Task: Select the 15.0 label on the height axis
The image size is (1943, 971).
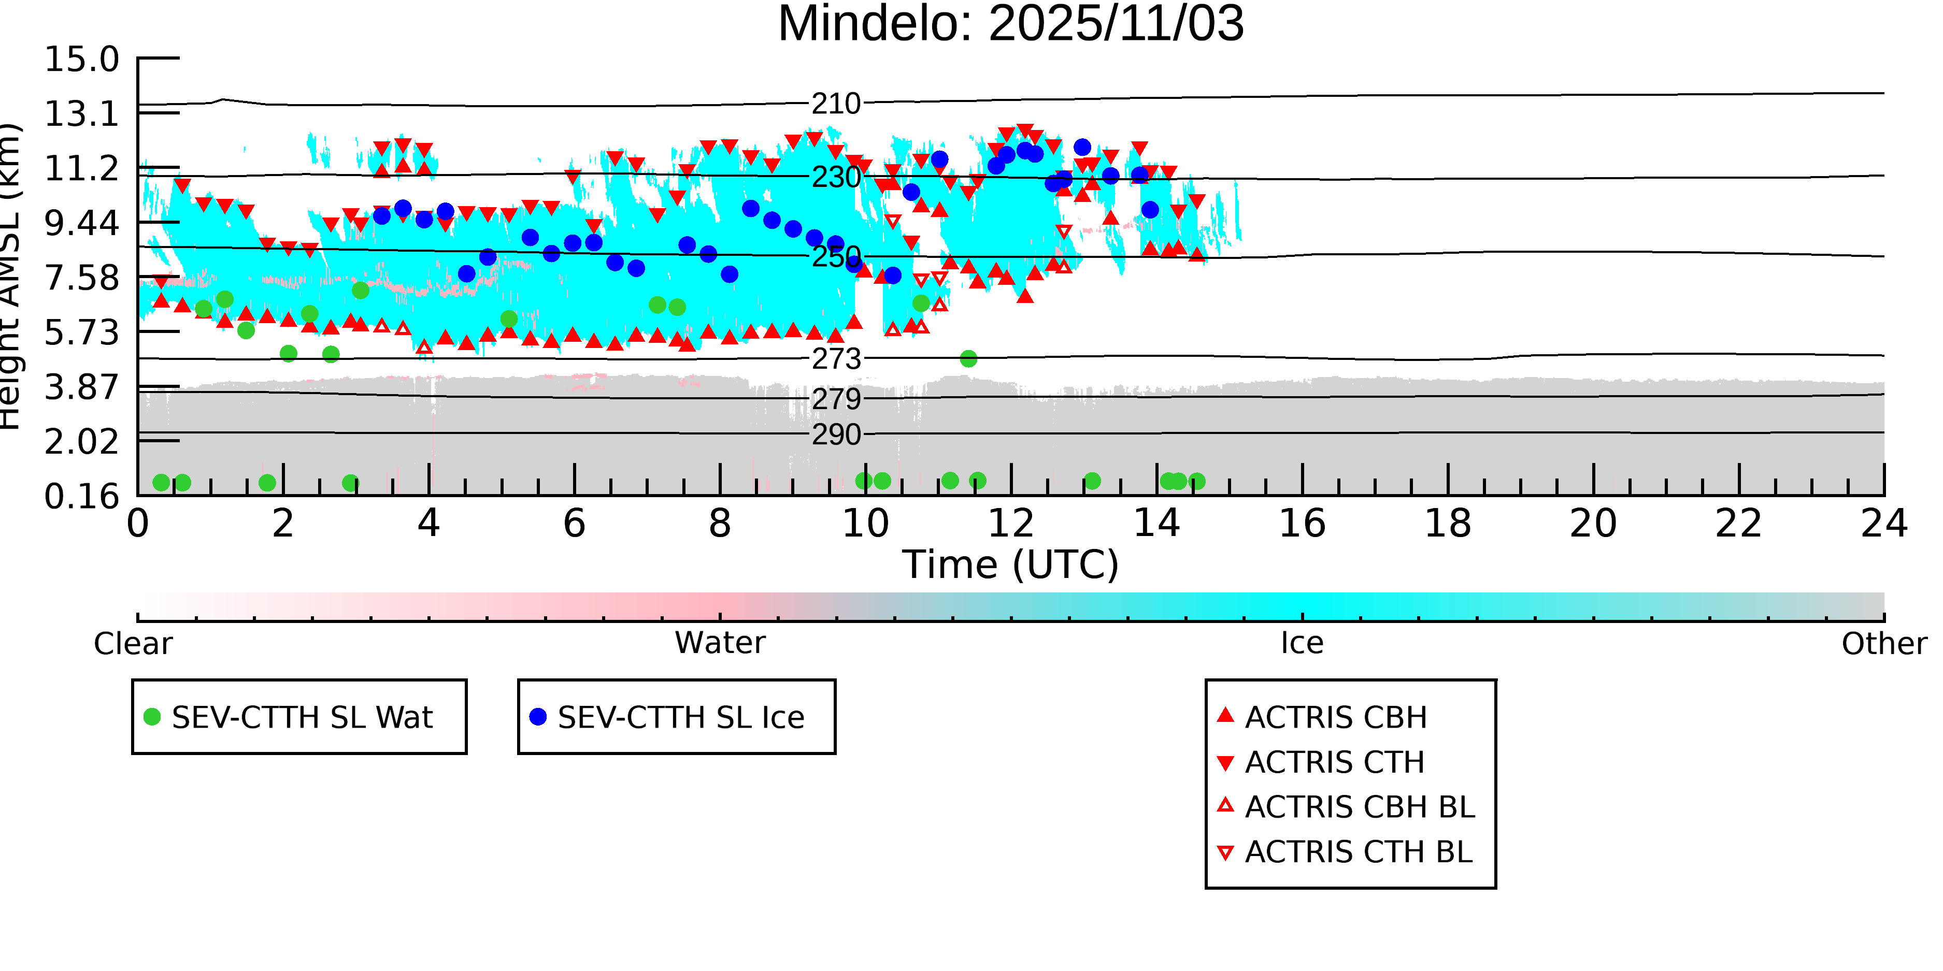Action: pos(81,60)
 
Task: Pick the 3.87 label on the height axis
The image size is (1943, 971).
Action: pos(81,387)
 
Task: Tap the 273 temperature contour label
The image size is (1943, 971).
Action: pos(836,359)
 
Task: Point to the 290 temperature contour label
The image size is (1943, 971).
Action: pos(836,435)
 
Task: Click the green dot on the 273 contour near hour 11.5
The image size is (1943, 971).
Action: pos(968,359)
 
